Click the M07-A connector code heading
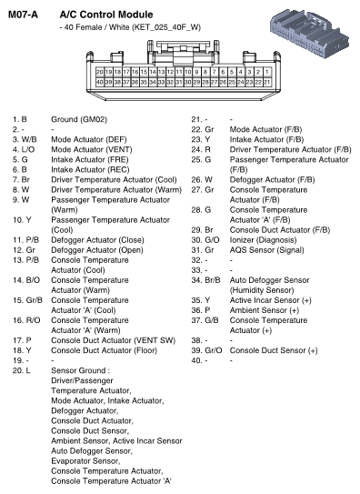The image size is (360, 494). click(26, 15)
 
